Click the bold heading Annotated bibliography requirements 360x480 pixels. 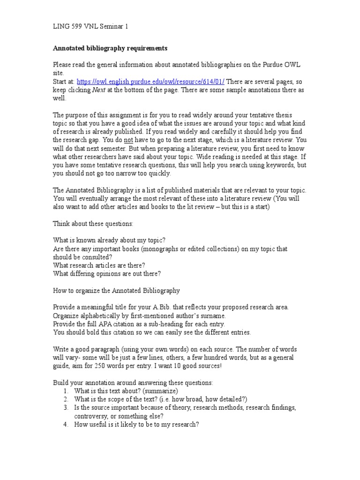pyautogui.click(x=110, y=48)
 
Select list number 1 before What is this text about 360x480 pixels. pyautogui.click(x=66, y=390)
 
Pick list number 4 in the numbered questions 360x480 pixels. pyautogui.click(x=66, y=424)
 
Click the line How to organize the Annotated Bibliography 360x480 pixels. pyautogui.click(x=116, y=291)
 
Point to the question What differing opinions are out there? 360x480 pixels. pyautogui.click(x=107, y=274)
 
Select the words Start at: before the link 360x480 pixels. pyautogui.click(x=63, y=81)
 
